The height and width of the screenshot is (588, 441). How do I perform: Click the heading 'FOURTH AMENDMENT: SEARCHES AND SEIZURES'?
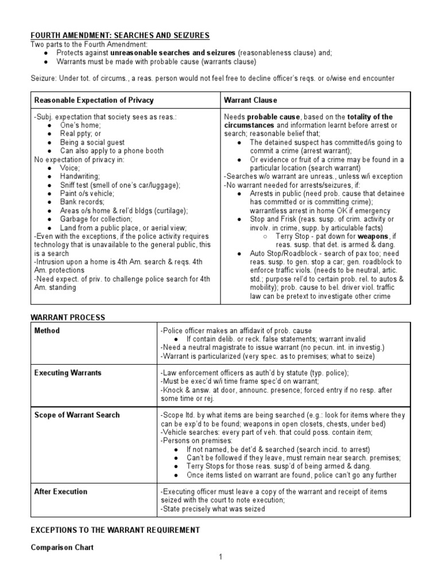[x=120, y=36]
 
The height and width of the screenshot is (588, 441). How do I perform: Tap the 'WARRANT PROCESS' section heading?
[x=68, y=317]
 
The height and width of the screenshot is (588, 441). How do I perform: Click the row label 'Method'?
[x=47, y=331]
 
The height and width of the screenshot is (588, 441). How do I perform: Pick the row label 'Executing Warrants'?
[x=68, y=373]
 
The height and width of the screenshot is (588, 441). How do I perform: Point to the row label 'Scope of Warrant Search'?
[x=77, y=415]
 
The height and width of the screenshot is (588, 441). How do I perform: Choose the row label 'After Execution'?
[x=61, y=492]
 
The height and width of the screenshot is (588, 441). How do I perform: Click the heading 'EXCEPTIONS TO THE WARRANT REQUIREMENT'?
[x=115, y=530]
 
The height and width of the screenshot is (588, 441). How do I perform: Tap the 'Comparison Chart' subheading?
[x=63, y=548]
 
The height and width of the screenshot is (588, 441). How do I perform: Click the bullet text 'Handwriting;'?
[x=80, y=176]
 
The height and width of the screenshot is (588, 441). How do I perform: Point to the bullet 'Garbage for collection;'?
[x=96, y=219]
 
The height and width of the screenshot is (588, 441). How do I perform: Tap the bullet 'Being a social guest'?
[x=92, y=142]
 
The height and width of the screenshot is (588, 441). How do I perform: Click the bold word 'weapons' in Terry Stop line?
[x=374, y=236]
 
